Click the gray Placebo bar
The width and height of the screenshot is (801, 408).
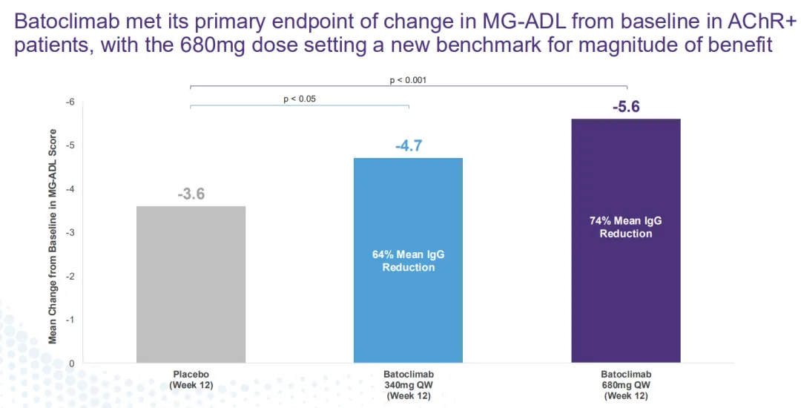(191, 285)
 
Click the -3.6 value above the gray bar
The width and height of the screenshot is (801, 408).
(191, 195)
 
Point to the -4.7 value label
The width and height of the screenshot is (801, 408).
(408, 146)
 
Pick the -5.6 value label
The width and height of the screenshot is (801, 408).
(625, 108)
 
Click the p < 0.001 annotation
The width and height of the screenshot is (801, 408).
(408, 80)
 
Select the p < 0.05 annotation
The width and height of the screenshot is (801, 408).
(300, 99)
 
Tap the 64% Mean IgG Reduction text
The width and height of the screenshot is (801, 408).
(408, 261)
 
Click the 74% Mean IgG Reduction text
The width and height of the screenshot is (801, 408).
(625, 227)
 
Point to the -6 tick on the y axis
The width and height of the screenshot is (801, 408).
(70, 102)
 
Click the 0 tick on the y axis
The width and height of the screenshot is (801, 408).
(72, 363)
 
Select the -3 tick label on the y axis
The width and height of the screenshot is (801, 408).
(70, 233)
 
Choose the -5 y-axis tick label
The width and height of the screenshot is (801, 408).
(70, 145)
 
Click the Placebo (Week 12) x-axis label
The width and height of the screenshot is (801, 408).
(191, 380)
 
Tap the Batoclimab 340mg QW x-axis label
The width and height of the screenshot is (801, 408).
(408, 385)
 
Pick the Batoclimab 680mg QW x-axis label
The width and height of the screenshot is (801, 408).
(625, 385)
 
